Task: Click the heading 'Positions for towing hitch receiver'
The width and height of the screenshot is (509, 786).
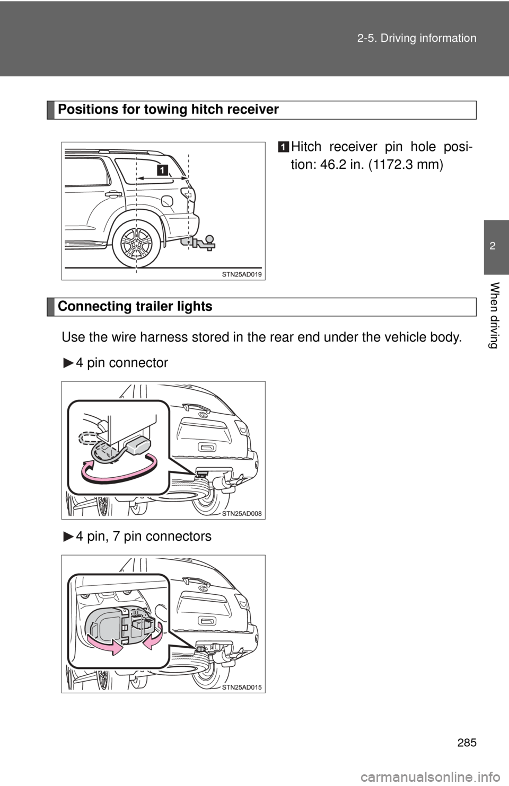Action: pyautogui.click(x=168, y=110)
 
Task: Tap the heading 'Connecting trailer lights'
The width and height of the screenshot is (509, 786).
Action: pyautogui.click(x=135, y=306)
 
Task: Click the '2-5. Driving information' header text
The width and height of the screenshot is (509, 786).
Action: pyautogui.click(x=417, y=38)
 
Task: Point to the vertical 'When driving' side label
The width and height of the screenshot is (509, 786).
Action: pyautogui.click(x=494, y=315)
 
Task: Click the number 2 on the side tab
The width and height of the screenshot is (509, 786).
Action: pyautogui.click(x=493, y=246)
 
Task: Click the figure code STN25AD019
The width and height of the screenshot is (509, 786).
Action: pyautogui.click(x=242, y=274)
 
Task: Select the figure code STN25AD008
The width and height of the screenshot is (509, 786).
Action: pyautogui.click(x=242, y=514)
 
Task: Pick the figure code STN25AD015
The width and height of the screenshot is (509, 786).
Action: pyautogui.click(x=242, y=687)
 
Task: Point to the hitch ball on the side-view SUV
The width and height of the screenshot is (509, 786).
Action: pyautogui.click(x=210, y=238)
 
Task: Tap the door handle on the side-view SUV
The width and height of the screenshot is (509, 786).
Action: pyautogui.click(x=113, y=194)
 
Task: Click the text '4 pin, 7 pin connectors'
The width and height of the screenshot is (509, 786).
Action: pyautogui.click(x=144, y=536)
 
